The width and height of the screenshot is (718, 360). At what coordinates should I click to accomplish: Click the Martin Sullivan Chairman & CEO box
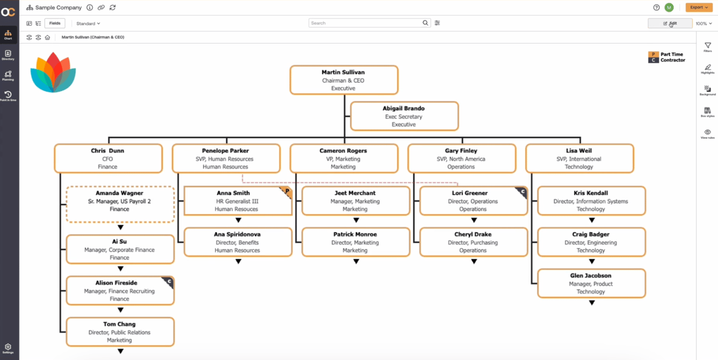(x=344, y=80)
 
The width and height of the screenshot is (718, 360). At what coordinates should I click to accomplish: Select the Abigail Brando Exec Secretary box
(x=404, y=116)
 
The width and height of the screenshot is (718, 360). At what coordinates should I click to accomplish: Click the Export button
(x=698, y=7)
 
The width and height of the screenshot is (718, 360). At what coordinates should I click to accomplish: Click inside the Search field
(x=365, y=23)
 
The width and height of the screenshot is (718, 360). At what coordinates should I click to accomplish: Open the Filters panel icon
(x=708, y=46)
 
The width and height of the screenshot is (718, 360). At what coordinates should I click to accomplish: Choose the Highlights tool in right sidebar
(x=708, y=68)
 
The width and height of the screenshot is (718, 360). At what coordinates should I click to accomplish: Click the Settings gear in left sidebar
(x=8, y=346)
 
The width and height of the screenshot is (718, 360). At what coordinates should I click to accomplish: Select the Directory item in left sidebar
(x=8, y=54)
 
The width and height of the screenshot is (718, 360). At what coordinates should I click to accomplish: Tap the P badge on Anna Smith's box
(x=287, y=191)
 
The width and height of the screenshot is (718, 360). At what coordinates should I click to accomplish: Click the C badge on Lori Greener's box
(x=522, y=191)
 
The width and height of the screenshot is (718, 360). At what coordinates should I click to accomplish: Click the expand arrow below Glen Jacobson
(x=591, y=303)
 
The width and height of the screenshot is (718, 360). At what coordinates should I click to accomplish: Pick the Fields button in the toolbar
(x=54, y=23)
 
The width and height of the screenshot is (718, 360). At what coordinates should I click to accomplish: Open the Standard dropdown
(x=88, y=23)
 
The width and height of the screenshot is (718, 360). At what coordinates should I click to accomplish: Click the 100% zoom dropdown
(x=704, y=23)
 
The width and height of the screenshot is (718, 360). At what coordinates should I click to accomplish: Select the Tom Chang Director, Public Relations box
(x=120, y=332)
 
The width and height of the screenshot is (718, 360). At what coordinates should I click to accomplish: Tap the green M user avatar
(x=669, y=7)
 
